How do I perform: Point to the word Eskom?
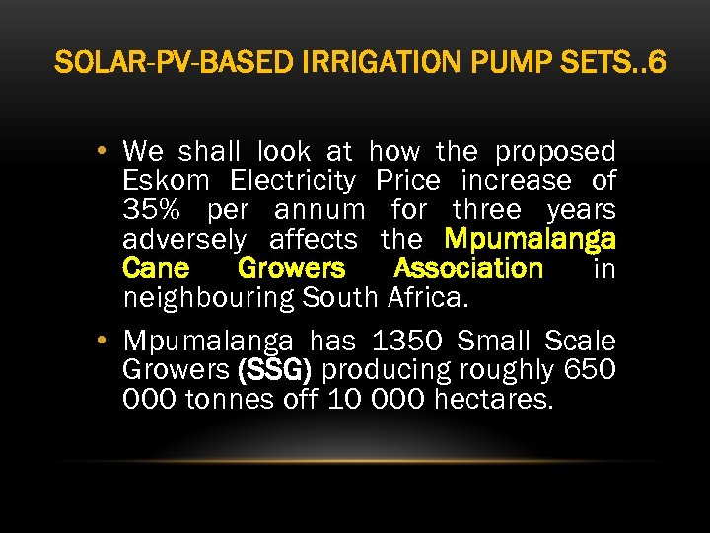coord(167,182)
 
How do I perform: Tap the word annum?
coord(319,210)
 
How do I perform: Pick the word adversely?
coord(184,240)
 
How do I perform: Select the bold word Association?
coord(467,268)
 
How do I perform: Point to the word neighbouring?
coord(209,297)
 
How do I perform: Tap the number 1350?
coord(405,343)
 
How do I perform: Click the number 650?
coord(590,371)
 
